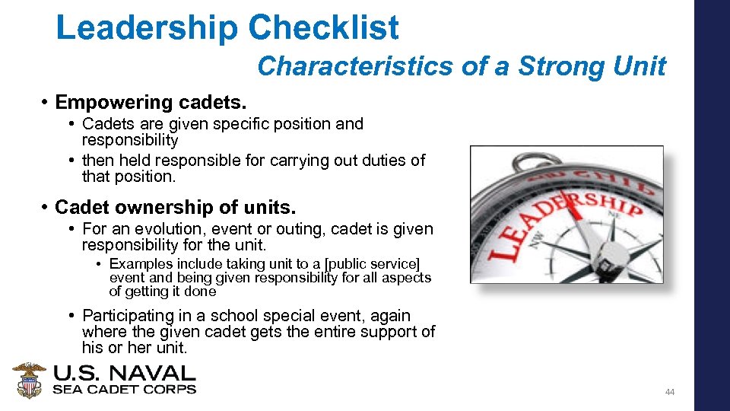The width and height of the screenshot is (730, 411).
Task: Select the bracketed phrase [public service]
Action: [x=372, y=264]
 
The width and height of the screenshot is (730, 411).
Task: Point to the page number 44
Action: [x=670, y=392]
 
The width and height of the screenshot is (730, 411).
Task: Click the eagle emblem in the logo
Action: [x=29, y=380]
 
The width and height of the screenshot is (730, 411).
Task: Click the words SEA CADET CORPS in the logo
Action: [x=124, y=389]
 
